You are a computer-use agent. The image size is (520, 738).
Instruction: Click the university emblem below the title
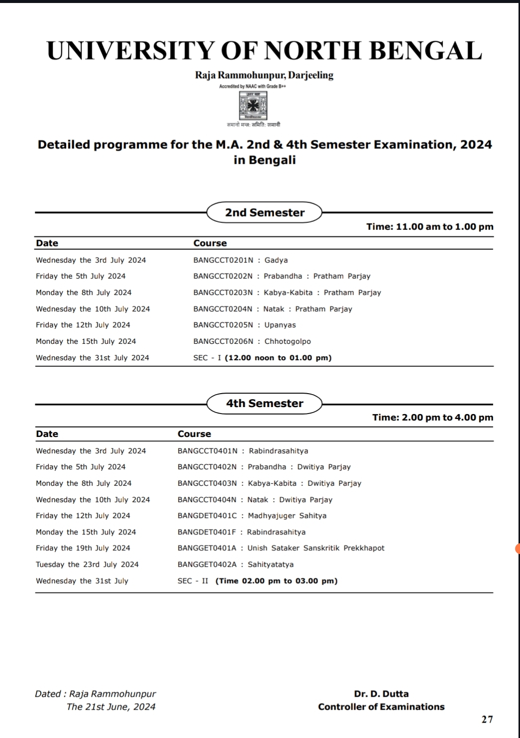click(x=253, y=105)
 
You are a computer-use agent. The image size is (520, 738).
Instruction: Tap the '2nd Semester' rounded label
click(x=264, y=212)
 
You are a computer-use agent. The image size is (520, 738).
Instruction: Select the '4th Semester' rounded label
click(x=264, y=403)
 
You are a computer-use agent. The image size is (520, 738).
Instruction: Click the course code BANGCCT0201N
click(x=223, y=260)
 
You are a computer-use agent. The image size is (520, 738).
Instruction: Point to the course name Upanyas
click(x=280, y=325)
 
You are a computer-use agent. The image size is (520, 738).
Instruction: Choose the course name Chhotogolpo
click(x=288, y=341)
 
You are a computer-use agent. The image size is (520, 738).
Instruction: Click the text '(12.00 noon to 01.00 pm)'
click(x=278, y=358)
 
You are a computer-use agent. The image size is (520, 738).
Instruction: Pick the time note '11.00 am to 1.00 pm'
click(x=444, y=227)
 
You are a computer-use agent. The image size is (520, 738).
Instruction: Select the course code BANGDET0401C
click(x=207, y=516)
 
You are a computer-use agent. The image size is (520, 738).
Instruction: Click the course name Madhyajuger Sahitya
click(x=287, y=516)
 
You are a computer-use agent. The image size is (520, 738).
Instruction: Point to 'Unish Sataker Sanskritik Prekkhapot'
click(x=316, y=548)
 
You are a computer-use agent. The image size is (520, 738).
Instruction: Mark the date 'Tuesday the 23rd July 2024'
click(x=87, y=564)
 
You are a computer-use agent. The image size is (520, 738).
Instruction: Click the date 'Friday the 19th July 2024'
click(x=83, y=548)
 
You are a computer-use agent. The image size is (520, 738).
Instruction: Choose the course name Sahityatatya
click(x=271, y=564)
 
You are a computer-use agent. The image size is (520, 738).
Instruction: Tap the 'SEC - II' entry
click(x=193, y=581)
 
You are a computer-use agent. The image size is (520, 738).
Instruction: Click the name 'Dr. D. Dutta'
click(x=381, y=694)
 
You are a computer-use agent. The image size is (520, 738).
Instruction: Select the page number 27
click(x=487, y=719)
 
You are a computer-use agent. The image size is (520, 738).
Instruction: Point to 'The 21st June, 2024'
click(x=110, y=707)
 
